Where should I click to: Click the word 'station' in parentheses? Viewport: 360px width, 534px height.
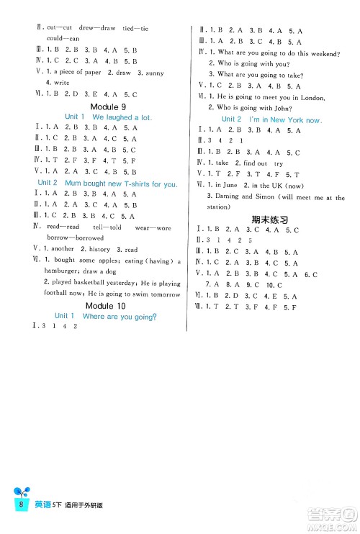220,207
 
